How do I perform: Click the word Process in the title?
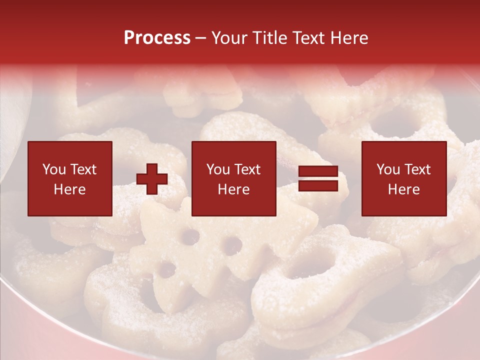point(157,38)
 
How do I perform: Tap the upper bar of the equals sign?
point(318,171)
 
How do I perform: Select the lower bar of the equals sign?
point(318,186)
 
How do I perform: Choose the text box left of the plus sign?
point(69,178)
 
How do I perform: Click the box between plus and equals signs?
point(233,178)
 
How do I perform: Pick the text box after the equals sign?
point(403,178)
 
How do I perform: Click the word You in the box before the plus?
point(54,169)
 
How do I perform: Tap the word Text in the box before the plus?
point(83,169)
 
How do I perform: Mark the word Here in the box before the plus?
point(69,189)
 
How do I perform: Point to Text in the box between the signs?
point(247,169)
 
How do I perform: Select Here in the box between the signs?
point(233,189)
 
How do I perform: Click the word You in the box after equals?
point(388,169)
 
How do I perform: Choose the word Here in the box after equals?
point(403,189)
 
